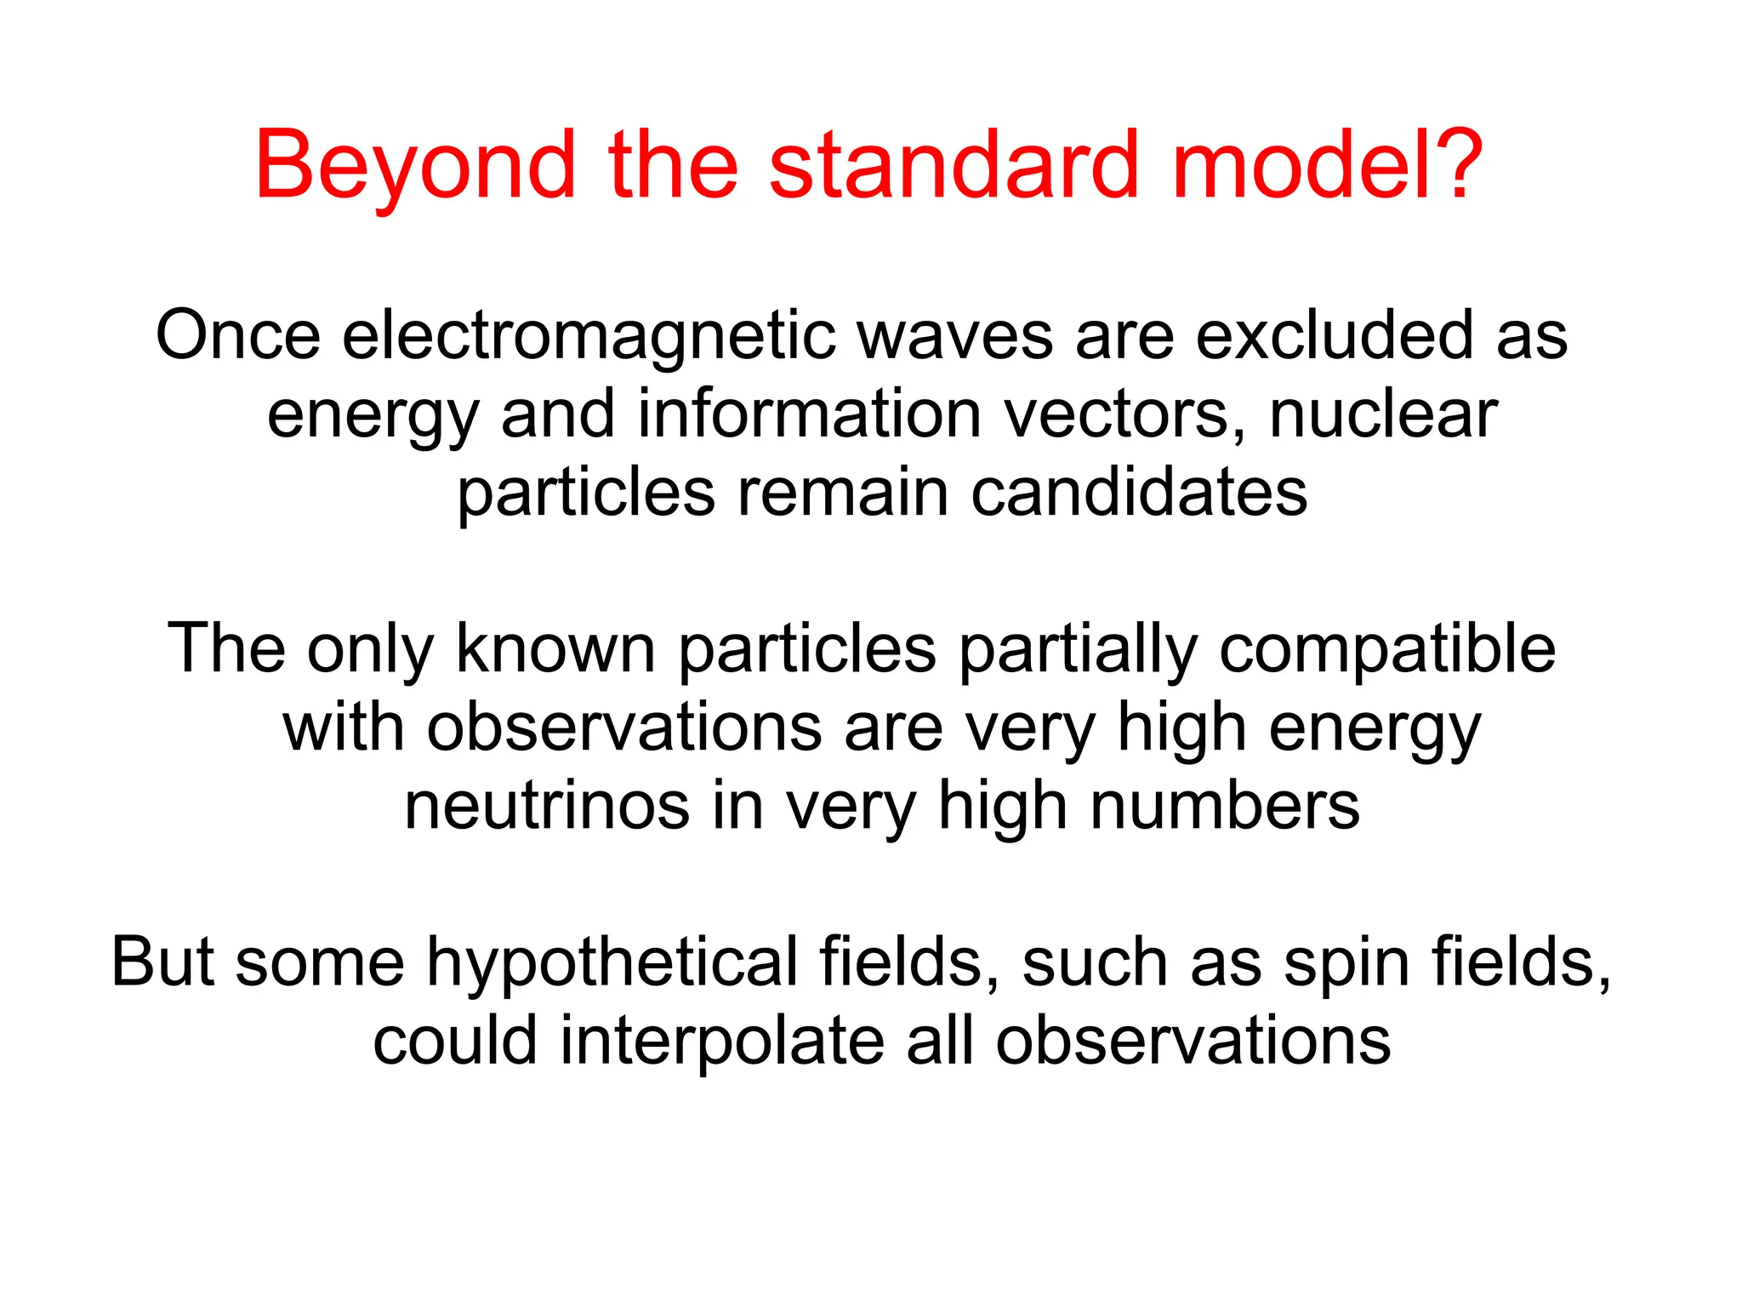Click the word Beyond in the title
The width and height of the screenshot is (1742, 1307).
coord(415,166)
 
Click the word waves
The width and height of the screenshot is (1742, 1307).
coord(955,336)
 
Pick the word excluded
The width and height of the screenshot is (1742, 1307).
coord(1335,334)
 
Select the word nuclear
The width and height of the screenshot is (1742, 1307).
coord(1383,414)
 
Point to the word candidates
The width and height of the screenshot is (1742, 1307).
coord(1139,493)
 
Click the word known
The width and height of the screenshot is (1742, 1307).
coord(555,649)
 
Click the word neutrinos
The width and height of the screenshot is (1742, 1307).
coord(546,807)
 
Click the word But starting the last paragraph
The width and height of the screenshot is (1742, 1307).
coord(162,962)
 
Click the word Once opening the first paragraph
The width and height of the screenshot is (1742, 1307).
coord(238,336)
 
